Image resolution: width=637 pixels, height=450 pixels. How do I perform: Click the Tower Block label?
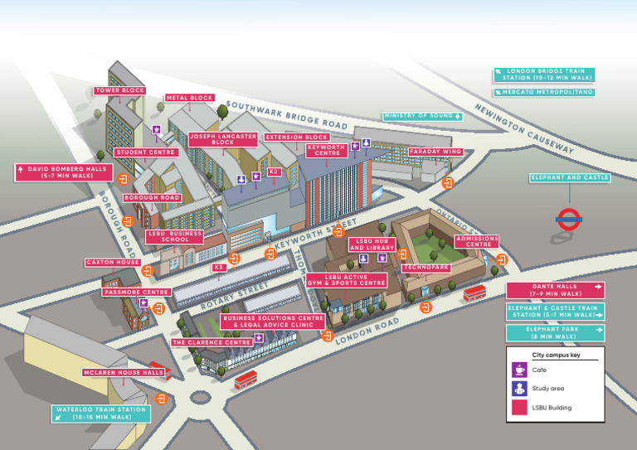pyautogui.click(x=120, y=90)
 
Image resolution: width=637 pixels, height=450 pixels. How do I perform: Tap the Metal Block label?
pyautogui.click(x=190, y=98)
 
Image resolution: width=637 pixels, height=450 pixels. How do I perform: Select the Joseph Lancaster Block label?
pyautogui.click(x=223, y=139)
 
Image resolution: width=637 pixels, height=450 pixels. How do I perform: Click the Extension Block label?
pyautogui.click(x=297, y=137)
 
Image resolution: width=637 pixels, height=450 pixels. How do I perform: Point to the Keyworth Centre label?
pyautogui.click(x=327, y=150)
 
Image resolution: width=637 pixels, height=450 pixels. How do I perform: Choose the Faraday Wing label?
pyautogui.click(x=435, y=152)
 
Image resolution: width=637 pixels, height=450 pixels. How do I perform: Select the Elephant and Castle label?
pyautogui.click(x=570, y=177)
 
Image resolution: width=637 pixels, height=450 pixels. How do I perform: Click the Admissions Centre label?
pyautogui.click(x=478, y=241)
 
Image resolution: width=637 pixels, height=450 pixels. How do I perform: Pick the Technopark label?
pyautogui.click(x=425, y=268)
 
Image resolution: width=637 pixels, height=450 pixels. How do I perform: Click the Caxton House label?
pyautogui.click(x=113, y=263)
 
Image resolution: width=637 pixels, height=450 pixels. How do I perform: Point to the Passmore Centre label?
pyautogui.click(x=136, y=293)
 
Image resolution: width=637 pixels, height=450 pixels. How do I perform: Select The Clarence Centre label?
pyautogui.click(x=212, y=342)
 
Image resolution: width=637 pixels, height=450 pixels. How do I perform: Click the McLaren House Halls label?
pyautogui.click(x=124, y=373)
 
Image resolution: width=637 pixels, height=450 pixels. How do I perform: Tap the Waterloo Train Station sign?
pyautogui.click(x=102, y=413)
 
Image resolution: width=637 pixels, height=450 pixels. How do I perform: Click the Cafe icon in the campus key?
pyautogui.click(x=519, y=370)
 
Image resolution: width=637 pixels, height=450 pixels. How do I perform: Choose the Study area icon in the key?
pyautogui.click(x=519, y=389)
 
